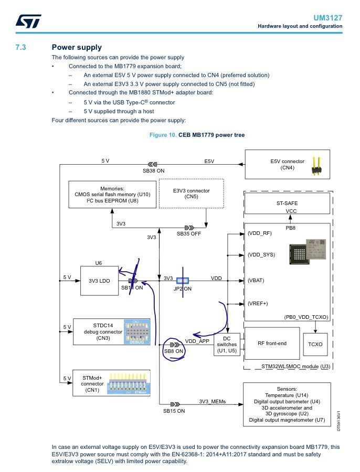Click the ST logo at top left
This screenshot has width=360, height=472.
25,21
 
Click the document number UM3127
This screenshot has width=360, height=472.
328,17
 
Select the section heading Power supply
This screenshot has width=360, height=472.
77,47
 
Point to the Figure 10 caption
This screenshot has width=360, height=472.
197,135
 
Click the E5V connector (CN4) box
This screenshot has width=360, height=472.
288,165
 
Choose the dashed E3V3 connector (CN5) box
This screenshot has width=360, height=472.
191,194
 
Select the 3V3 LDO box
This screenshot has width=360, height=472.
99,281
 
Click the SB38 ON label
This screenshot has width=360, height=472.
153,171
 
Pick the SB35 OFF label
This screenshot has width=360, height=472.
189,233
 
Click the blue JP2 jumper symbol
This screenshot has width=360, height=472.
182,281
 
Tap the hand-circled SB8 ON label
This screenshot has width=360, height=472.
173,351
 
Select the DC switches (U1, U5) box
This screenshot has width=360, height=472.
227,345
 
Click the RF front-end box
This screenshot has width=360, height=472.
272,344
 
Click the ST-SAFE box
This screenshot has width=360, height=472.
287,202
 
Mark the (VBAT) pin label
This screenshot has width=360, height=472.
256,281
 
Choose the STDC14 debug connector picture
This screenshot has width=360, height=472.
136,331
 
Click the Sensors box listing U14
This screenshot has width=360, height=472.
287,404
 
